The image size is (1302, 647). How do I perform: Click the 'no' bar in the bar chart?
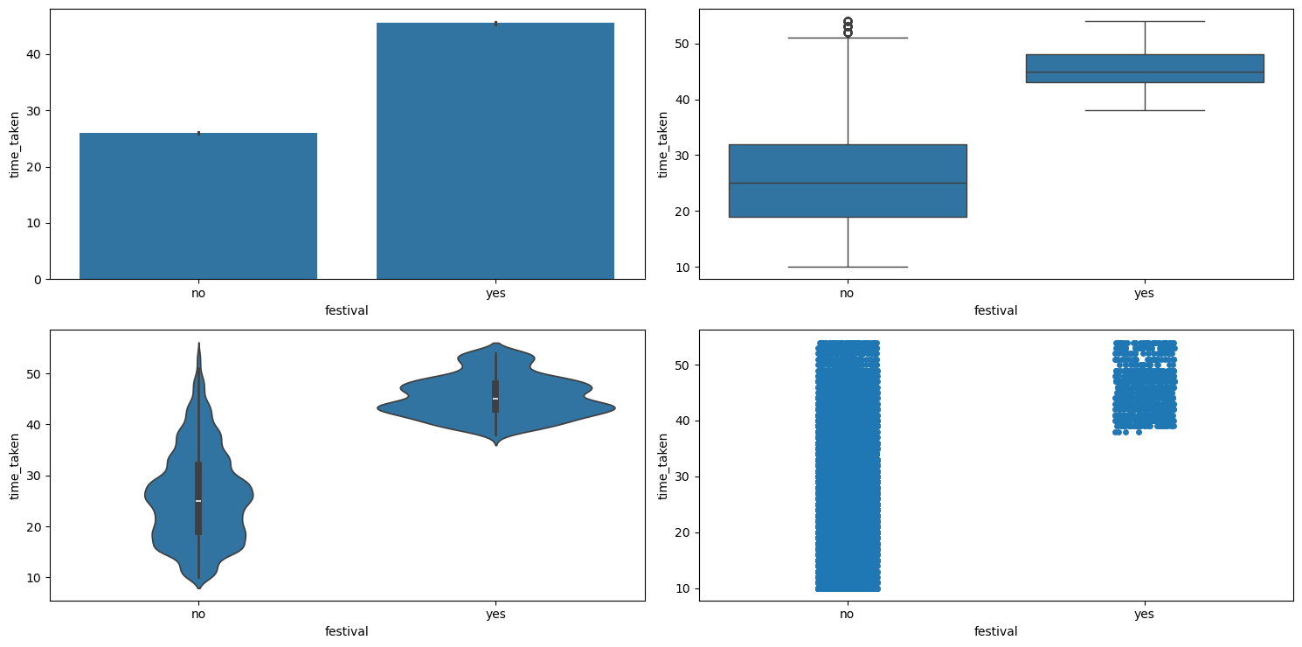pyautogui.click(x=198, y=205)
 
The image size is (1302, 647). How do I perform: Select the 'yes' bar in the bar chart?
pyautogui.click(x=495, y=150)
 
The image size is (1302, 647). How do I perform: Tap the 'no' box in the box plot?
pyautogui.click(x=848, y=180)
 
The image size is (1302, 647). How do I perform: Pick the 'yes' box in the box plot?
pyautogui.click(x=1145, y=68)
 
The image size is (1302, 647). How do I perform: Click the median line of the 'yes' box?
pyautogui.click(x=1145, y=72)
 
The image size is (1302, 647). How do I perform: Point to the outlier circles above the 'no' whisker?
pyautogui.click(x=848, y=26)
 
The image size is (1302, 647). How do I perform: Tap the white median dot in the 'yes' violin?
pyautogui.click(x=495, y=399)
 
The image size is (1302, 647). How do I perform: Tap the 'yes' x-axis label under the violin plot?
pyautogui.click(x=495, y=614)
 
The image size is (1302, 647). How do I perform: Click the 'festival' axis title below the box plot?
pyautogui.click(x=996, y=310)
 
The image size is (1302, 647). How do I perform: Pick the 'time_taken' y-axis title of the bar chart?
pyautogui.click(x=15, y=144)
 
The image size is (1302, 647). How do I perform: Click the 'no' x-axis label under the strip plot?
pyautogui.click(x=848, y=614)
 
